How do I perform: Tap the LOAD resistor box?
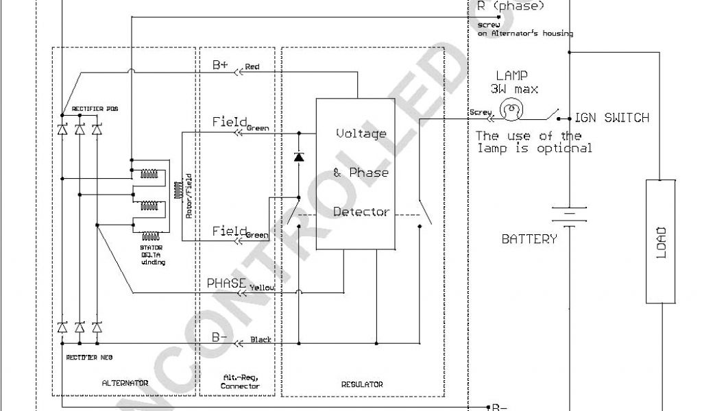[x=660, y=241]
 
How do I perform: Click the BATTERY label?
[x=529, y=239]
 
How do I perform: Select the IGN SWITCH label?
[x=612, y=118]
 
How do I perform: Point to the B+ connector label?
[x=220, y=65]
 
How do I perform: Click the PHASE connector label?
[x=226, y=282]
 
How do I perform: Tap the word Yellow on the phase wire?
[x=262, y=288]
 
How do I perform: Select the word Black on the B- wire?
[x=261, y=340]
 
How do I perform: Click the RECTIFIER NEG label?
[x=89, y=357]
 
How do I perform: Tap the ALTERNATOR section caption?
[x=125, y=384]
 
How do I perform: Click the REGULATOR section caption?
[x=363, y=384]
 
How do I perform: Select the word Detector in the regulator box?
[x=361, y=212]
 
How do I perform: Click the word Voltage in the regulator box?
[x=361, y=134]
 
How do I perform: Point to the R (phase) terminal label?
[x=510, y=6]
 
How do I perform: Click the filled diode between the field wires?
[x=298, y=157]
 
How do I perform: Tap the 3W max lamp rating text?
[x=513, y=89]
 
